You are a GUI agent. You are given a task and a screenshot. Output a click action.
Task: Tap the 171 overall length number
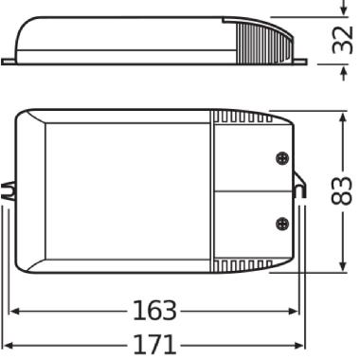pyautogui.click(x=154, y=344)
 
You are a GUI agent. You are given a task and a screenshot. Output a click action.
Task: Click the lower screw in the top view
pyautogui.click(x=281, y=224)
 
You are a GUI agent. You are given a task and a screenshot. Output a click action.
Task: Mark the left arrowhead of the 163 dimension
pyautogui.click(x=15, y=311)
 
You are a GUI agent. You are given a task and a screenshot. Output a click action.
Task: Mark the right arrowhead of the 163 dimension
pyautogui.click(x=295, y=311)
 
